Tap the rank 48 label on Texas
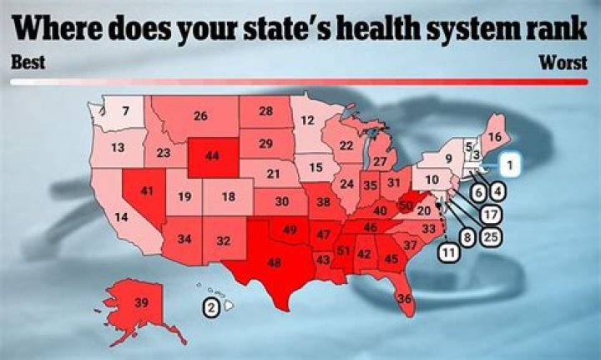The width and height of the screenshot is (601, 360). (272, 261)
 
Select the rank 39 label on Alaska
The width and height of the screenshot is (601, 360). (142, 302)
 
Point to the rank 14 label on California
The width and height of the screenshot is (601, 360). (122, 217)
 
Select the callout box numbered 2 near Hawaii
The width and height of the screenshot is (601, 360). (212, 307)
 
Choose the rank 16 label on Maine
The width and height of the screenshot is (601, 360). (495, 137)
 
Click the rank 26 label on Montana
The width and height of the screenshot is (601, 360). (200, 117)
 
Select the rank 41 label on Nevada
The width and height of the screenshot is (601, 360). (148, 191)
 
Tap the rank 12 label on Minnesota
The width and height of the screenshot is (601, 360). (308, 120)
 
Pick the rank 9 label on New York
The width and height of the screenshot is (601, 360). (447, 158)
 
